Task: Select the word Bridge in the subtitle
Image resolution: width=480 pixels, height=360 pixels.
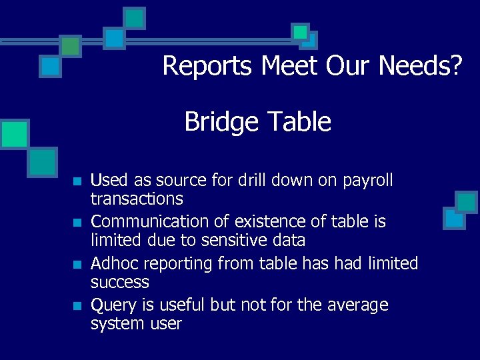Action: click(221, 122)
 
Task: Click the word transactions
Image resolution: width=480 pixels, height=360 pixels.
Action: click(137, 199)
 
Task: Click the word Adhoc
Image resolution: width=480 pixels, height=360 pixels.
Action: click(114, 264)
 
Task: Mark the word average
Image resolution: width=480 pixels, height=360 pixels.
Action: click(357, 305)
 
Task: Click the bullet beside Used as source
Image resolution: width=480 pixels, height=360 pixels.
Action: click(77, 181)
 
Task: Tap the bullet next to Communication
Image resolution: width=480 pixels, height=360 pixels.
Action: click(77, 222)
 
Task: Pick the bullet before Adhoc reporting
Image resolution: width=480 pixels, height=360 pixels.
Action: click(77, 265)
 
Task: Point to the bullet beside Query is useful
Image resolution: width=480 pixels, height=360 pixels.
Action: click(77, 306)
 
